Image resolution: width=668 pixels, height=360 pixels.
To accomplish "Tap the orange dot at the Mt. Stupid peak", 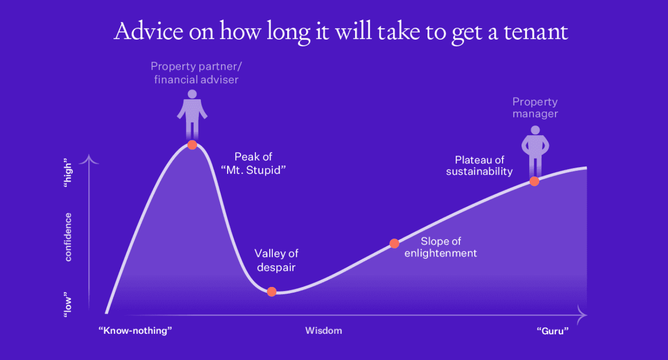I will [x=192, y=145].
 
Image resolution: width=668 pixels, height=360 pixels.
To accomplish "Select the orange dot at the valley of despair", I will [x=271, y=292].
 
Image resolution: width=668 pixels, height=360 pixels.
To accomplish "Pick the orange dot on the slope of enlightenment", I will [x=394, y=244].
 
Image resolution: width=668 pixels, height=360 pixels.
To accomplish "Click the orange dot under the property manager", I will [x=534, y=181].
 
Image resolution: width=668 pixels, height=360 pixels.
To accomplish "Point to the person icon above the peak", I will [x=192, y=113].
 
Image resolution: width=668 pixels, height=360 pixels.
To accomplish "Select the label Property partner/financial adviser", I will [x=196, y=73].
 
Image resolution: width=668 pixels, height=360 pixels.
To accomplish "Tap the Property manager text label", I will [x=535, y=108].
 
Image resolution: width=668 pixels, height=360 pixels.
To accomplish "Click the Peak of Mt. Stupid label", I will [x=253, y=163].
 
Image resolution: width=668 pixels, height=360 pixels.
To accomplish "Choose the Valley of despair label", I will [x=276, y=260].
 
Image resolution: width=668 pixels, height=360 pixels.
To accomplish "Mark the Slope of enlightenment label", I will [x=440, y=247].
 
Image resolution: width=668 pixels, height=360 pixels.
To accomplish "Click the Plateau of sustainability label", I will [x=480, y=166].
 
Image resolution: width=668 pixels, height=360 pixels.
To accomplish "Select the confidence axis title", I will [x=68, y=237].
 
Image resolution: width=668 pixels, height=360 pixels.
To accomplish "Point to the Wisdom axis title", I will [x=324, y=330].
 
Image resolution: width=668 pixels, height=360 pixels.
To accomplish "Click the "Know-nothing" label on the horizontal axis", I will [x=135, y=330].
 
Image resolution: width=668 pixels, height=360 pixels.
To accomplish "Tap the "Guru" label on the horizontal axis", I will [x=553, y=330].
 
